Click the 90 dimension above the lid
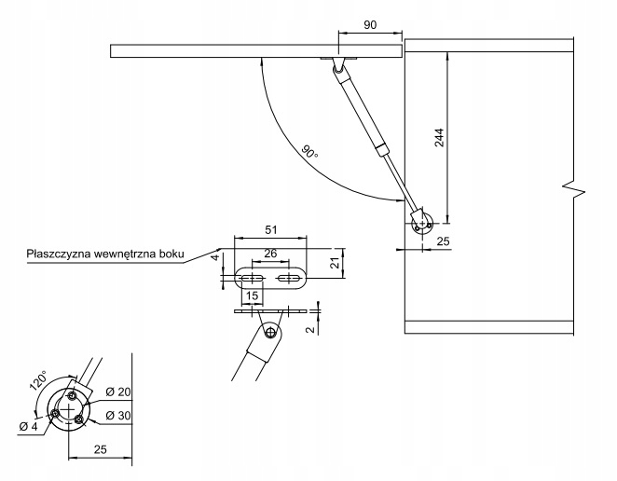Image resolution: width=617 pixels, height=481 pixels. coord(370,25)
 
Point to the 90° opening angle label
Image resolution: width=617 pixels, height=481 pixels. coord(309,151)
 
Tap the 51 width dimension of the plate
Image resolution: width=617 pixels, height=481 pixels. coord(270,229)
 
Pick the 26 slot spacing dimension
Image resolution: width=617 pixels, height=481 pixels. coord(270,254)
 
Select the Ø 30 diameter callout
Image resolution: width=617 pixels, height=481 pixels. coord(118,415)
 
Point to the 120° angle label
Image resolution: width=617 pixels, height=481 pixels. coord(38,381)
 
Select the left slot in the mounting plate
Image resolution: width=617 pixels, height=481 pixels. coord(251,278)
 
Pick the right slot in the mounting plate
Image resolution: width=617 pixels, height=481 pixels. coord(289,278)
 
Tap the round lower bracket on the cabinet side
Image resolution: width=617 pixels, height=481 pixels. coord(422,222)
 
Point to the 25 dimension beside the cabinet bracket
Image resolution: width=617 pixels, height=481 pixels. coord(443,241)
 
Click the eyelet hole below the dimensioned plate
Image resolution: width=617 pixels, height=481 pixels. coord(269,333)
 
